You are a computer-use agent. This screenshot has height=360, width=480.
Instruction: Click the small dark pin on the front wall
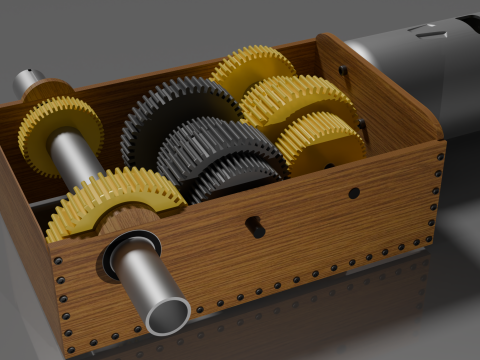[x=256, y=228]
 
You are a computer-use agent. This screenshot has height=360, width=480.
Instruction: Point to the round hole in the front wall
[x=353, y=192]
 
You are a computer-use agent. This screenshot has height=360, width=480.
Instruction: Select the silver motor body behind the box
[x=420, y=60]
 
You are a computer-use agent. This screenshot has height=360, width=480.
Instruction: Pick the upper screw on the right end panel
[x=343, y=70]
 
